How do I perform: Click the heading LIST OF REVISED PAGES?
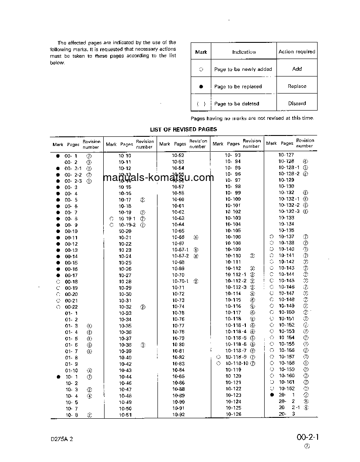[x=183, y=129]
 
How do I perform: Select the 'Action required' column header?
[x=297, y=52]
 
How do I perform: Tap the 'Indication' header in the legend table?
[x=244, y=52]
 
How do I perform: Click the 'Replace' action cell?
[x=297, y=86]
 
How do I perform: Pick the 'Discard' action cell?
[x=297, y=104]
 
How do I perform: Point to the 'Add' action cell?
[x=297, y=69]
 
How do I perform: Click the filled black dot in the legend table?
[x=201, y=87]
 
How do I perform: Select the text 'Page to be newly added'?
[x=243, y=69]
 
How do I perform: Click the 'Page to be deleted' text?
[x=237, y=104]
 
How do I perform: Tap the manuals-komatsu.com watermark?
[x=158, y=178]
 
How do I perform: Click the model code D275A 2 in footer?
[x=61, y=439]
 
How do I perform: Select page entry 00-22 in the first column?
[x=71, y=307]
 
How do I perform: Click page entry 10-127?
[x=286, y=155]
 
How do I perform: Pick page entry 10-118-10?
[x=237, y=363]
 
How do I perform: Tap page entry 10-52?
[x=178, y=155]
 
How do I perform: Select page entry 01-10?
[x=71, y=370]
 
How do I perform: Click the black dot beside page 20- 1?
[x=272, y=395]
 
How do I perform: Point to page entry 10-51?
[x=125, y=415]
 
